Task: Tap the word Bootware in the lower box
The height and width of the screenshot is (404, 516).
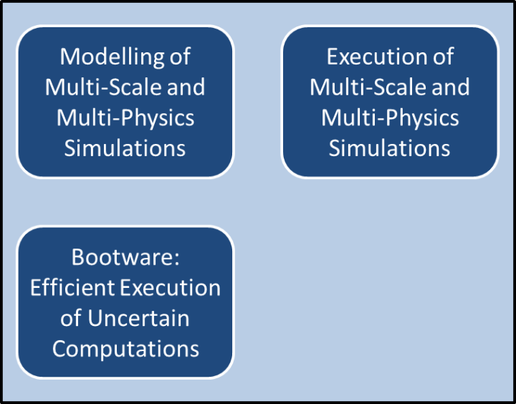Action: point(122,257)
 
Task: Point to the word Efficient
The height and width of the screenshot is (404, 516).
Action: point(72,288)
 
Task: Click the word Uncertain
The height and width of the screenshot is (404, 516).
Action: point(138,319)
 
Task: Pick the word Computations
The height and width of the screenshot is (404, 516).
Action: point(125,349)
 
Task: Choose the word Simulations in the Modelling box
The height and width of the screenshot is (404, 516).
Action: point(125,148)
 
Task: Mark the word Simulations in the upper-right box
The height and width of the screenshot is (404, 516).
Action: point(389,148)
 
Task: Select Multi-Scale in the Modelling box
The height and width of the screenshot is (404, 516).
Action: point(103,87)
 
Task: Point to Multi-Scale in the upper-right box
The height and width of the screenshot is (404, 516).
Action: point(368,87)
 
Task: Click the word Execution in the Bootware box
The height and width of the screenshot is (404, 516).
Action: point(170,288)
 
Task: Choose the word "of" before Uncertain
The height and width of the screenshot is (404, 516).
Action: point(71,319)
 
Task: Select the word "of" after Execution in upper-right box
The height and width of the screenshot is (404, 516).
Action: point(444,57)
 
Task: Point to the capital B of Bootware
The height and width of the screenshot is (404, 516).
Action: point(78,257)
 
